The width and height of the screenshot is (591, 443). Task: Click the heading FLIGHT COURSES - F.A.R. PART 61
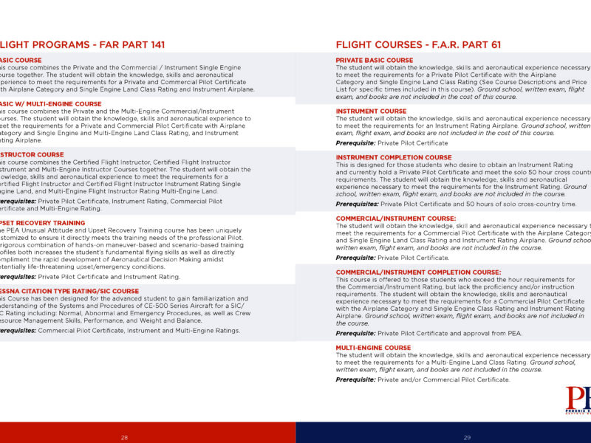pyautogui.click(x=428, y=45)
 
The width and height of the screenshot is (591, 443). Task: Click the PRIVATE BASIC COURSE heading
pyautogui.click(x=375, y=60)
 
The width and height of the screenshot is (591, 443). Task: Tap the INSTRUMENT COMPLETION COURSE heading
pyautogui.click(x=394, y=157)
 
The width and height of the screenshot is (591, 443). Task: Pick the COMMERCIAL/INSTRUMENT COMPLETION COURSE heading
pyautogui.click(x=418, y=272)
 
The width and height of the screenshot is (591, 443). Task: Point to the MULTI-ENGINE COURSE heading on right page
pyautogui.click(x=373, y=348)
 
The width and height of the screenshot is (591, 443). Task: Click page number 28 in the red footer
pyautogui.click(x=124, y=438)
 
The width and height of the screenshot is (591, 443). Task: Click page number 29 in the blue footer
pyautogui.click(x=468, y=438)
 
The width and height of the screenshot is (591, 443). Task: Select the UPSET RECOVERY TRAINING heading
pyautogui.click(x=42, y=222)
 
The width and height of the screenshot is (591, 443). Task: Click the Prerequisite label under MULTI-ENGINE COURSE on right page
pyautogui.click(x=355, y=380)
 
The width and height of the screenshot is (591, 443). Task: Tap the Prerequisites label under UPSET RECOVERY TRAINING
pyautogui.click(x=16, y=277)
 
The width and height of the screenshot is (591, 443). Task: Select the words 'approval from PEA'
pyautogui.click(x=494, y=334)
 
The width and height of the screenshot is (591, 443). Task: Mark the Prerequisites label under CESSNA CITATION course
pyautogui.click(x=16, y=331)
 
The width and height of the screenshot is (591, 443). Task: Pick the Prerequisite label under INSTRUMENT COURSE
pyautogui.click(x=355, y=143)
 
